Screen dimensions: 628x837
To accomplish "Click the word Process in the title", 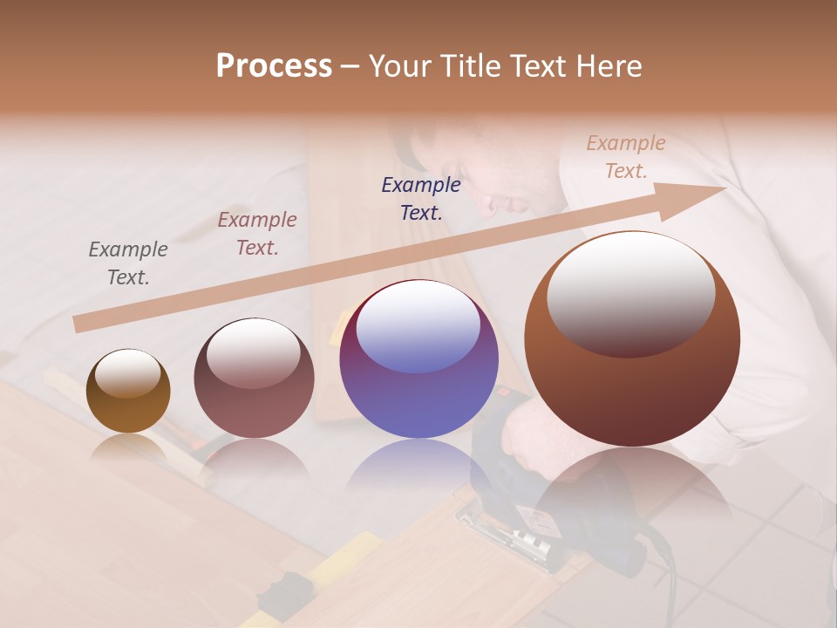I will [x=274, y=66].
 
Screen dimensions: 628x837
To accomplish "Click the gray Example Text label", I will [x=128, y=263].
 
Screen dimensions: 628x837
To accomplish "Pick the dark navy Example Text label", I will [x=421, y=198].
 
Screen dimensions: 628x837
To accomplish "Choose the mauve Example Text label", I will [x=257, y=234].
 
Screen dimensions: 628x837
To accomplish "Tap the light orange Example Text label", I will [x=626, y=157].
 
